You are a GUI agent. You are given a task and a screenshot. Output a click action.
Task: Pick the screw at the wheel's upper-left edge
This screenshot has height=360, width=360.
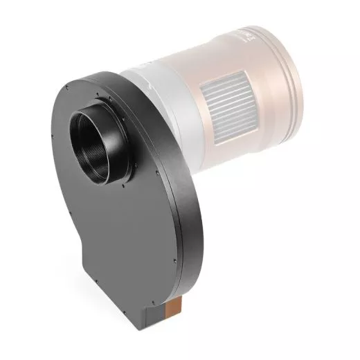(x=68, y=88)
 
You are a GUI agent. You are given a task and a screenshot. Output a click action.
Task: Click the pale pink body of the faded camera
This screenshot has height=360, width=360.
(x=208, y=55)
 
